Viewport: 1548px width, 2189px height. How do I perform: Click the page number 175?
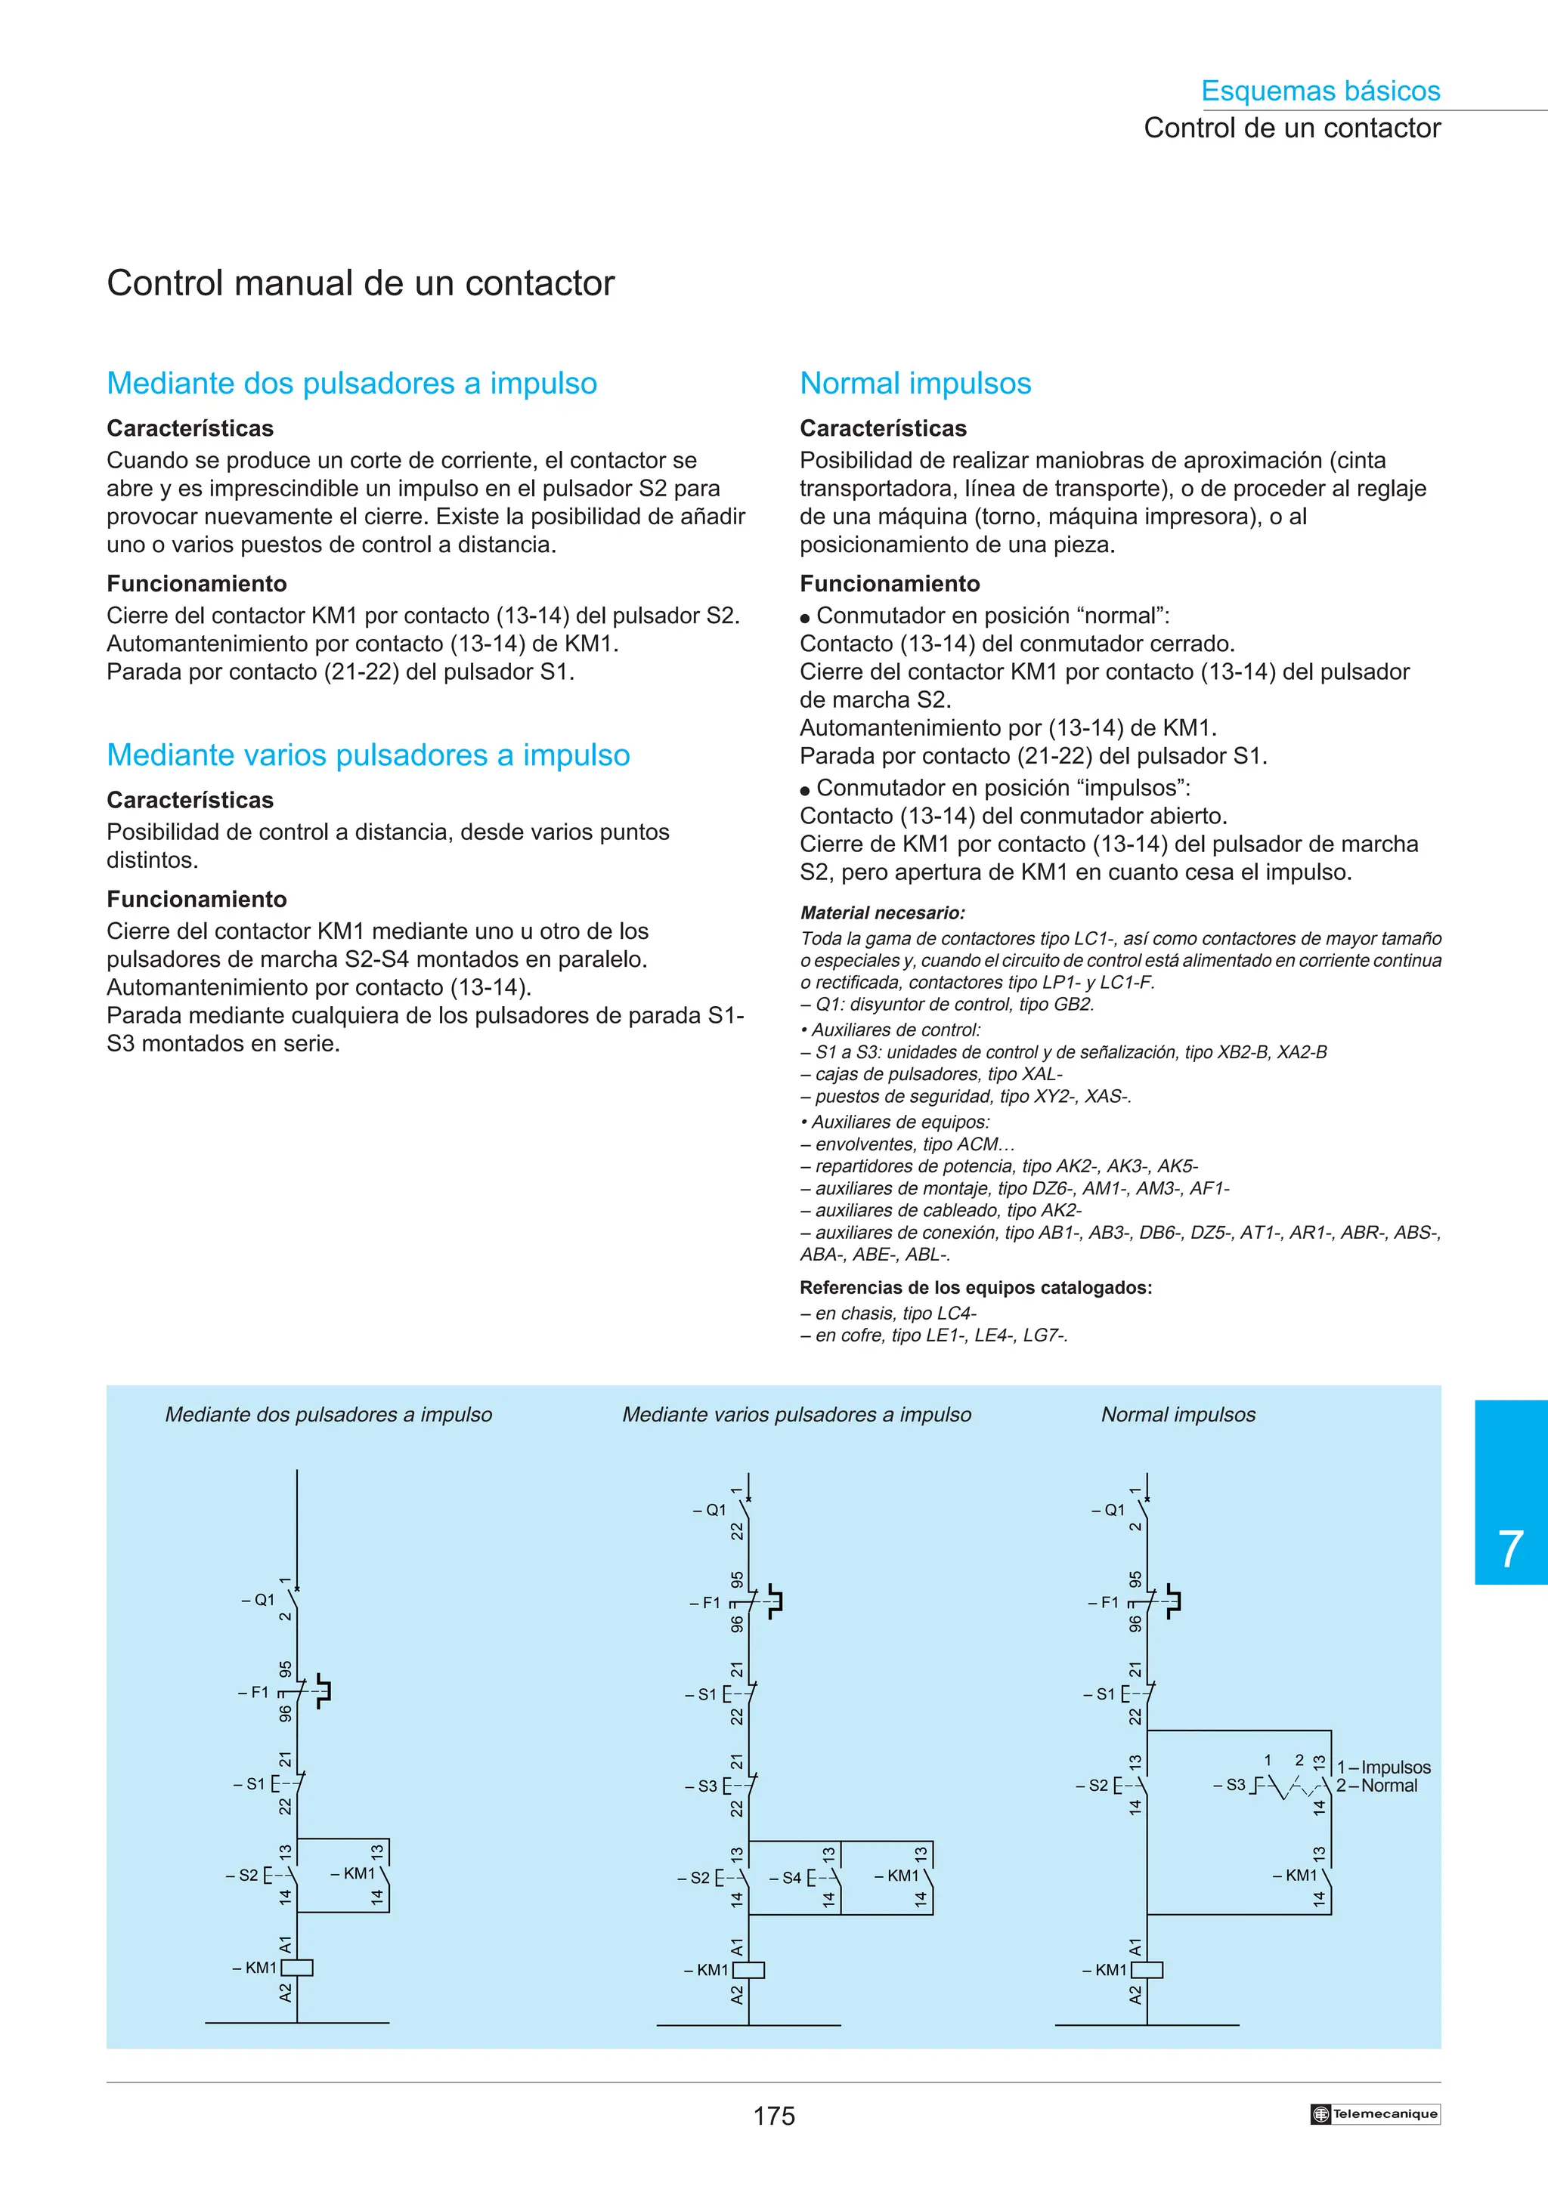(773, 2116)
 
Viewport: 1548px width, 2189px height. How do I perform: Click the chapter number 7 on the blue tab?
(1510, 1549)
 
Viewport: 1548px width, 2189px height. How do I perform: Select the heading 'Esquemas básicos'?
(1320, 91)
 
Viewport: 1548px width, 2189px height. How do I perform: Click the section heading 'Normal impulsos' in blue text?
(915, 383)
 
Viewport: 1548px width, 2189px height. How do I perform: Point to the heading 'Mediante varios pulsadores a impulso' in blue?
(368, 755)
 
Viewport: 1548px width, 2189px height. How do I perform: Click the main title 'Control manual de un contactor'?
(361, 283)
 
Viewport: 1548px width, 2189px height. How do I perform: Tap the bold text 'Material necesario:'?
(882, 912)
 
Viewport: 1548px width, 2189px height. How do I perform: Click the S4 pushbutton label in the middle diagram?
(791, 1877)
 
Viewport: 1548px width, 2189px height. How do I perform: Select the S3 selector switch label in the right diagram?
(1235, 1784)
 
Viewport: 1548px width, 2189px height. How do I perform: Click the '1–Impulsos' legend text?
(1383, 1767)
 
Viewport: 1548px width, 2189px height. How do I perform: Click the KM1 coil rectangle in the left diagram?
(298, 1967)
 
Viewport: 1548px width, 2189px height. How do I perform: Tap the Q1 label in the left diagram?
(262, 1600)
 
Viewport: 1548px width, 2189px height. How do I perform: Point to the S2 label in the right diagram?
(1098, 1785)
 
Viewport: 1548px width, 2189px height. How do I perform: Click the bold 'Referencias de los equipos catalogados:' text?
(976, 1288)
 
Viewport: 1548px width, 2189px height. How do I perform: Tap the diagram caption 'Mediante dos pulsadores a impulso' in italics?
(328, 1415)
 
